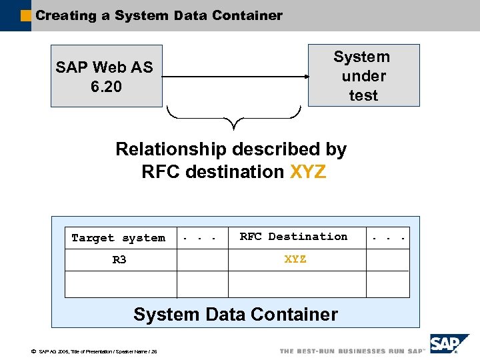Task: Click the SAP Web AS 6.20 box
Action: click(106, 76)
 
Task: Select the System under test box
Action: click(363, 75)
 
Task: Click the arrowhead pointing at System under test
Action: click(305, 77)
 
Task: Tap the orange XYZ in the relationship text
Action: click(308, 172)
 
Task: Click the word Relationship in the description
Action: click(174, 149)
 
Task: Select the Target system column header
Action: click(119, 238)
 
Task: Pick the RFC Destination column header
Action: click(293, 237)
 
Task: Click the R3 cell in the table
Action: click(119, 260)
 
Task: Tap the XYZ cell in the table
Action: click(295, 259)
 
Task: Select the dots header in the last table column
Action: click(389, 238)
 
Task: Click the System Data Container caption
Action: click(235, 314)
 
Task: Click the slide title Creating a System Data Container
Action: click(159, 15)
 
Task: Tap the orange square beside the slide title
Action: click(26, 15)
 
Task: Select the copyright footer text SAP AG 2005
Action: click(93, 352)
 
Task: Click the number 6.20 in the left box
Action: click(106, 86)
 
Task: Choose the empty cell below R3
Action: click(120, 284)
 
